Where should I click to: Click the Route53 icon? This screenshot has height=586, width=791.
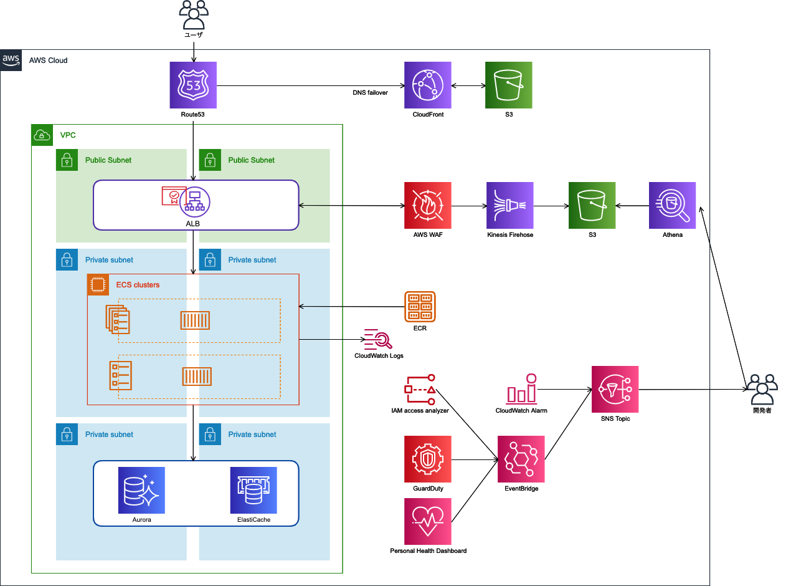(193, 85)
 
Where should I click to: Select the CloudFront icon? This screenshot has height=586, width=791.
(428, 85)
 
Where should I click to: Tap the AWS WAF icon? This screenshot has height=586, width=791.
(428, 205)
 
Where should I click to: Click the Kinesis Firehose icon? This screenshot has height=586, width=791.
(510, 205)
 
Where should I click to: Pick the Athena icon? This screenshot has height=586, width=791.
(672, 205)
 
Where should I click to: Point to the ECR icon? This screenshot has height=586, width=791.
(420, 307)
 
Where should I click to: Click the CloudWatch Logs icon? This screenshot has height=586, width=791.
(378, 339)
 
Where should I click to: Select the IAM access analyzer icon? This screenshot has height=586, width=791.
(420, 390)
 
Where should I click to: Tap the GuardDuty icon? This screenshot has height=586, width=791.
(428, 459)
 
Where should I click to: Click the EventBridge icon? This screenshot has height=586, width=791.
(521, 459)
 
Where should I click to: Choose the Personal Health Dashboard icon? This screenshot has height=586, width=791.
(428, 521)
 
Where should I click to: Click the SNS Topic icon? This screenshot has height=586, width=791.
(615, 389)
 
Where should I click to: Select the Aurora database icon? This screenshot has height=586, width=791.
(141, 490)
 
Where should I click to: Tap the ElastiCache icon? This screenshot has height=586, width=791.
(253, 490)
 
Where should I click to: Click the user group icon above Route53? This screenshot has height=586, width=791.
(193, 15)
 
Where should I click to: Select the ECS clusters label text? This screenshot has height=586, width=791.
(138, 285)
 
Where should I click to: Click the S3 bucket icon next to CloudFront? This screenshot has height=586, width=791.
(509, 85)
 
